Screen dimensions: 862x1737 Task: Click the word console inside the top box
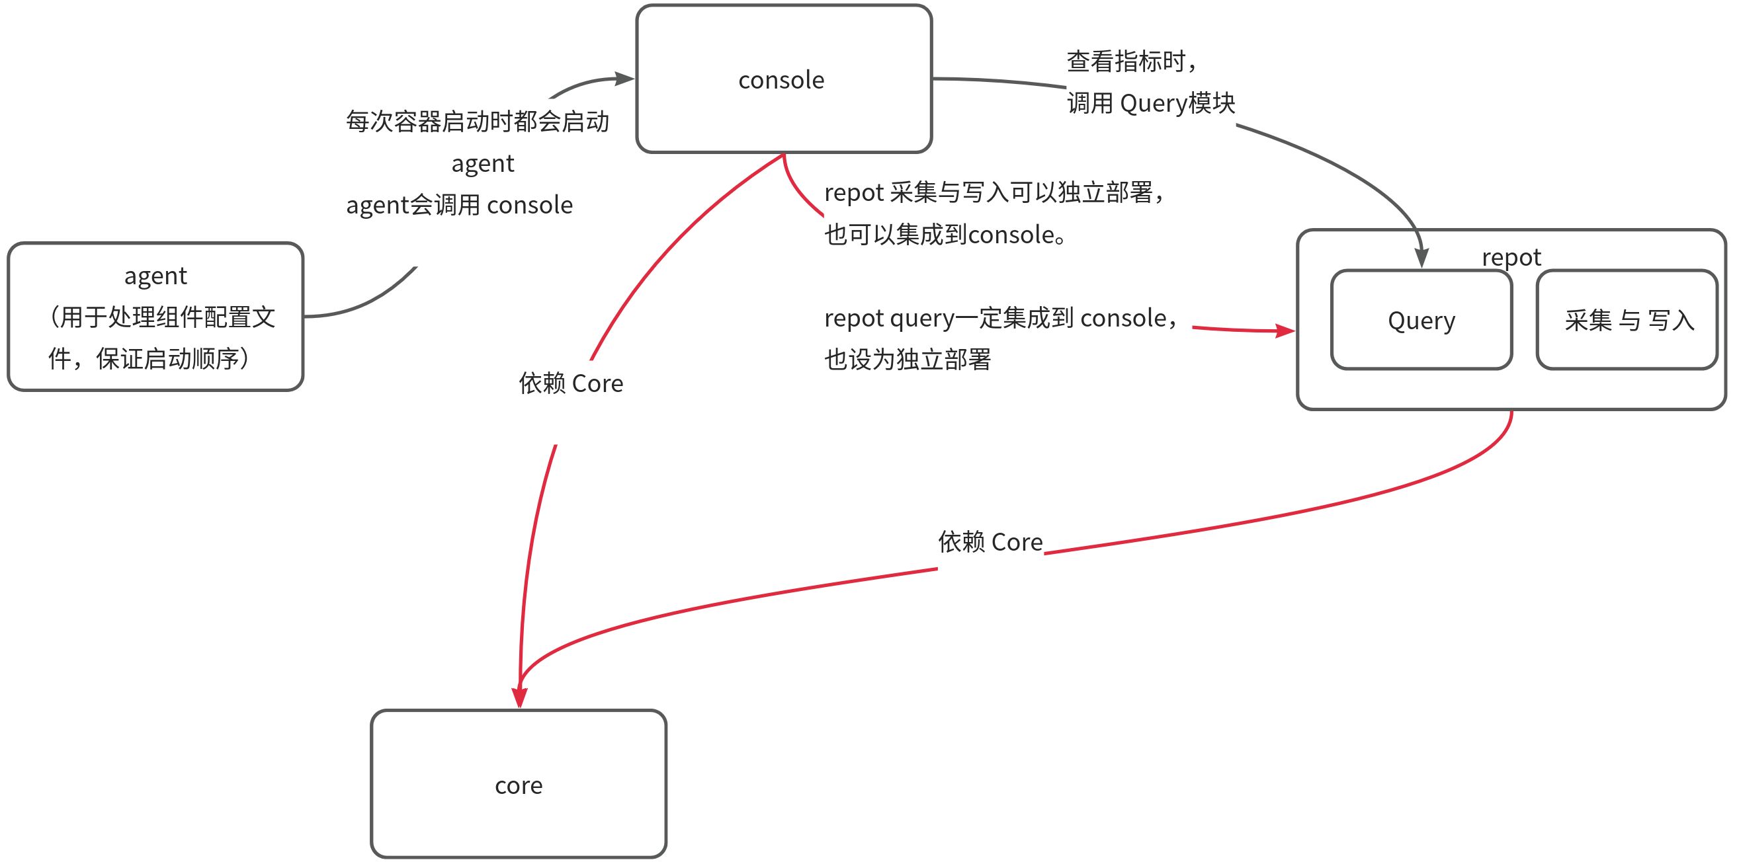(781, 80)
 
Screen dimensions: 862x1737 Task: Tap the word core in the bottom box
(519, 785)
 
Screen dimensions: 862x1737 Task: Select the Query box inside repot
(1421, 320)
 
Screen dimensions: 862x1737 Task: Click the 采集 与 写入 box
(1628, 320)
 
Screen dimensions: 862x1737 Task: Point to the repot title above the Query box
(1511, 256)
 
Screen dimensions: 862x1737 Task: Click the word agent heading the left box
(155, 276)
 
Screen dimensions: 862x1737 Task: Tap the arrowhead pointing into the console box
(625, 79)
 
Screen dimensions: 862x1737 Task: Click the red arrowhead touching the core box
(519, 697)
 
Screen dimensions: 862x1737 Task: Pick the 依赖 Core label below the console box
(570, 383)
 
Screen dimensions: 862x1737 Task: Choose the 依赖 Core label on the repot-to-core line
(990, 542)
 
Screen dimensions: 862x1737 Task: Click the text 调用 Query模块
(1150, 103)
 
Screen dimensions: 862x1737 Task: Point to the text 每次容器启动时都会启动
(477, 122)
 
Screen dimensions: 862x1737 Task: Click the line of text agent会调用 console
(459, 205)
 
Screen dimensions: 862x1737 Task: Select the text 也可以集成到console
(944, 235)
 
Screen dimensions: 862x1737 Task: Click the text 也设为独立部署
(907, 359)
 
